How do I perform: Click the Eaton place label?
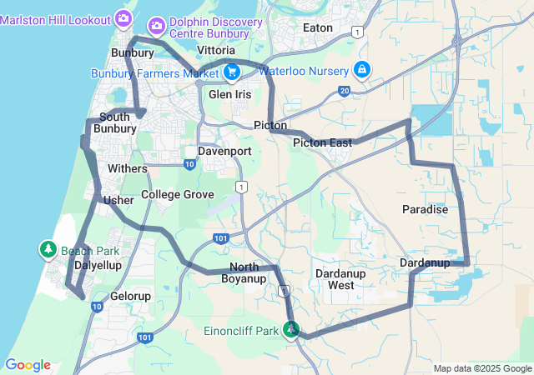pyautogui.click(x=318, y=27)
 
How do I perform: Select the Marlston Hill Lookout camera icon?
pyautogui.click(x=123, y=17)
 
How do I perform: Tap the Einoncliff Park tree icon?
pyautogui.click(x=290, y=331)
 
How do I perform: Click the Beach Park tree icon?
pyautogui.click(x=48, y=250)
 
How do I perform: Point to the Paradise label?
pyautogui.click(x=425, y=209)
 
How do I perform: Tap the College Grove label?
pyautogui.click(x=178, y=194)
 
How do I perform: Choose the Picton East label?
pyautogui.click(x=322, y=143)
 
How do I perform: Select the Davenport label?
pyautogui.click(x=224, y=151)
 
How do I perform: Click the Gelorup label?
pyautogui.click(x=130, y=296)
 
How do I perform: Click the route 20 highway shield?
pyautogui.click(x=345, y=91)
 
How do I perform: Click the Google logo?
pyautogui.click(x=28, y=365)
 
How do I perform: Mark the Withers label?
pyautogui.click(x=128, y=168)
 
